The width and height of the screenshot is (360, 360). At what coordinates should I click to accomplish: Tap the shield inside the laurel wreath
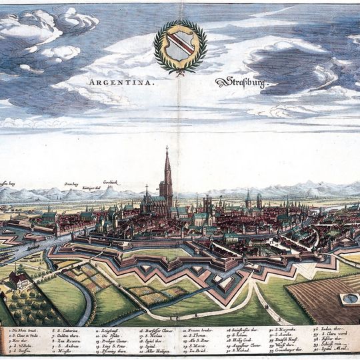(x=180, y=46)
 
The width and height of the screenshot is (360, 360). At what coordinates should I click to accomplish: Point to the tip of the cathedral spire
(x=167, y=149)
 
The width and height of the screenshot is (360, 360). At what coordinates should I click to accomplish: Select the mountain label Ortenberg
(x=71, y=183)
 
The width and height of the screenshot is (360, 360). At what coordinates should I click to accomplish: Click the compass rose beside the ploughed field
(x=349, y=299)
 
